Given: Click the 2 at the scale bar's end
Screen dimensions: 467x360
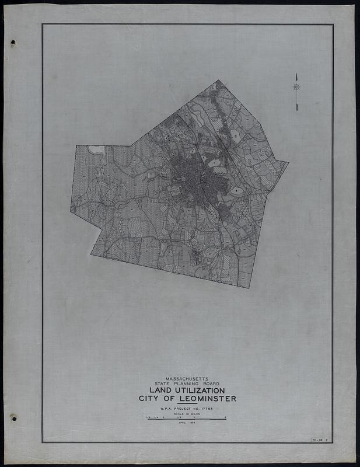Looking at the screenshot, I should click(225, 417).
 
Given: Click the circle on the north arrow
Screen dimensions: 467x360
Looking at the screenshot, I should click(296, 87).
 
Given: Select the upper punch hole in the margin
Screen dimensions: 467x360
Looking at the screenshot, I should click(13, 43).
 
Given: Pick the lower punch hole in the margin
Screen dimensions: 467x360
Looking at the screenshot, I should click(13, 418).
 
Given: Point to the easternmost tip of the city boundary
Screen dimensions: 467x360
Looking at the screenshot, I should click(288, 162).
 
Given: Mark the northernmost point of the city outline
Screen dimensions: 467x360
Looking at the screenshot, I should click(218, 80).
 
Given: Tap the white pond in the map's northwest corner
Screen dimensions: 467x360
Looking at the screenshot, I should click(96, 149).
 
